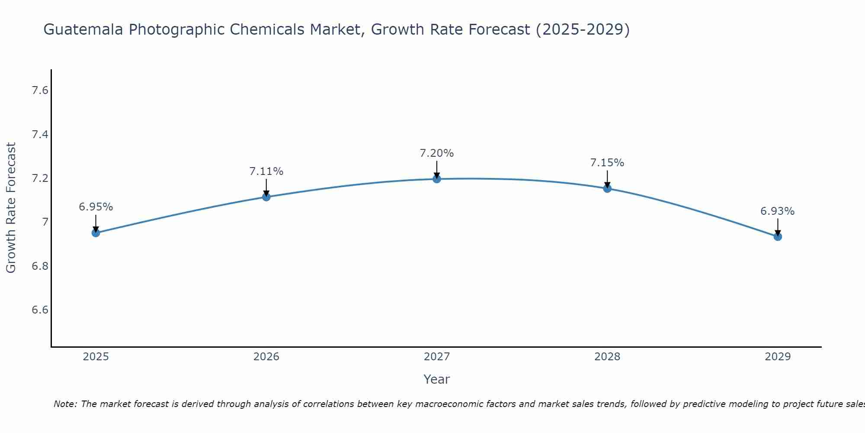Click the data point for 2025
tap(96, 233)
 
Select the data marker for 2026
tap(266, 197)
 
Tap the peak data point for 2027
tap(437, 179)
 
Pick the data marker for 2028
tap(607, 188)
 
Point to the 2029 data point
tap(778, 236)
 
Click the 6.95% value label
tap(96, 207)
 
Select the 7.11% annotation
tap(266, 171)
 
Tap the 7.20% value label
tap(437, 153)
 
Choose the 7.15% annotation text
tap(607, 163)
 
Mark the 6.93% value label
tap(778, 211)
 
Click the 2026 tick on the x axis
tap(266, 357)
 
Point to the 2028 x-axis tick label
tap(607, 357)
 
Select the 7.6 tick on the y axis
tap(40, 90)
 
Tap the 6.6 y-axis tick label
tap(40, 310)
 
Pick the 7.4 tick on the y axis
tap(40, 135)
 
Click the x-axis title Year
tap(437, 379)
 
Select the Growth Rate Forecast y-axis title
tap(11, 208)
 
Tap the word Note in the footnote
tap(65, 404)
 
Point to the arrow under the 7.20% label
tap(437, 169)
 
